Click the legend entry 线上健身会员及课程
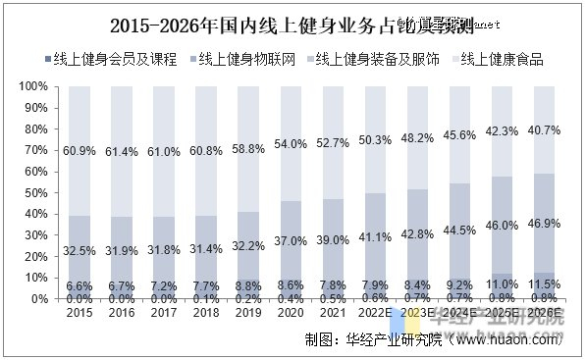117,59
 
